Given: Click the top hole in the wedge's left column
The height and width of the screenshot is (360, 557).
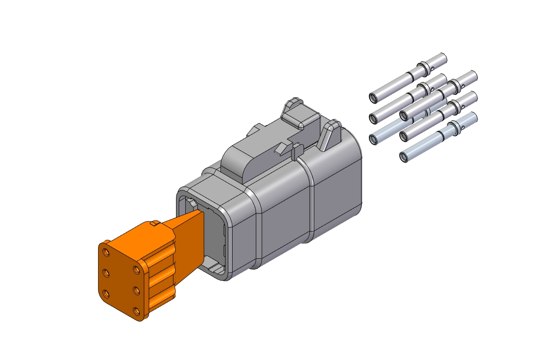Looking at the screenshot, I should (x=106, y=253).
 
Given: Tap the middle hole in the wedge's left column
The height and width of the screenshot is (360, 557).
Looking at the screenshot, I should (x=107, y=273).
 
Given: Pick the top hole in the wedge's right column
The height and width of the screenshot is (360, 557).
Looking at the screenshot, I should (x=136, y=270).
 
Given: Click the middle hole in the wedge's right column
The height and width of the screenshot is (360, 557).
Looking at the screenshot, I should (x=136, y=290).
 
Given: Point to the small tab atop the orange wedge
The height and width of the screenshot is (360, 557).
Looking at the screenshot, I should (x=155, y=222).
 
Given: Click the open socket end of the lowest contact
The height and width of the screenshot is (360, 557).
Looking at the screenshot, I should (x=404, y=157).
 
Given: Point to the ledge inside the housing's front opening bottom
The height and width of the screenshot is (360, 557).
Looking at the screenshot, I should (x=213, y=268).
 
